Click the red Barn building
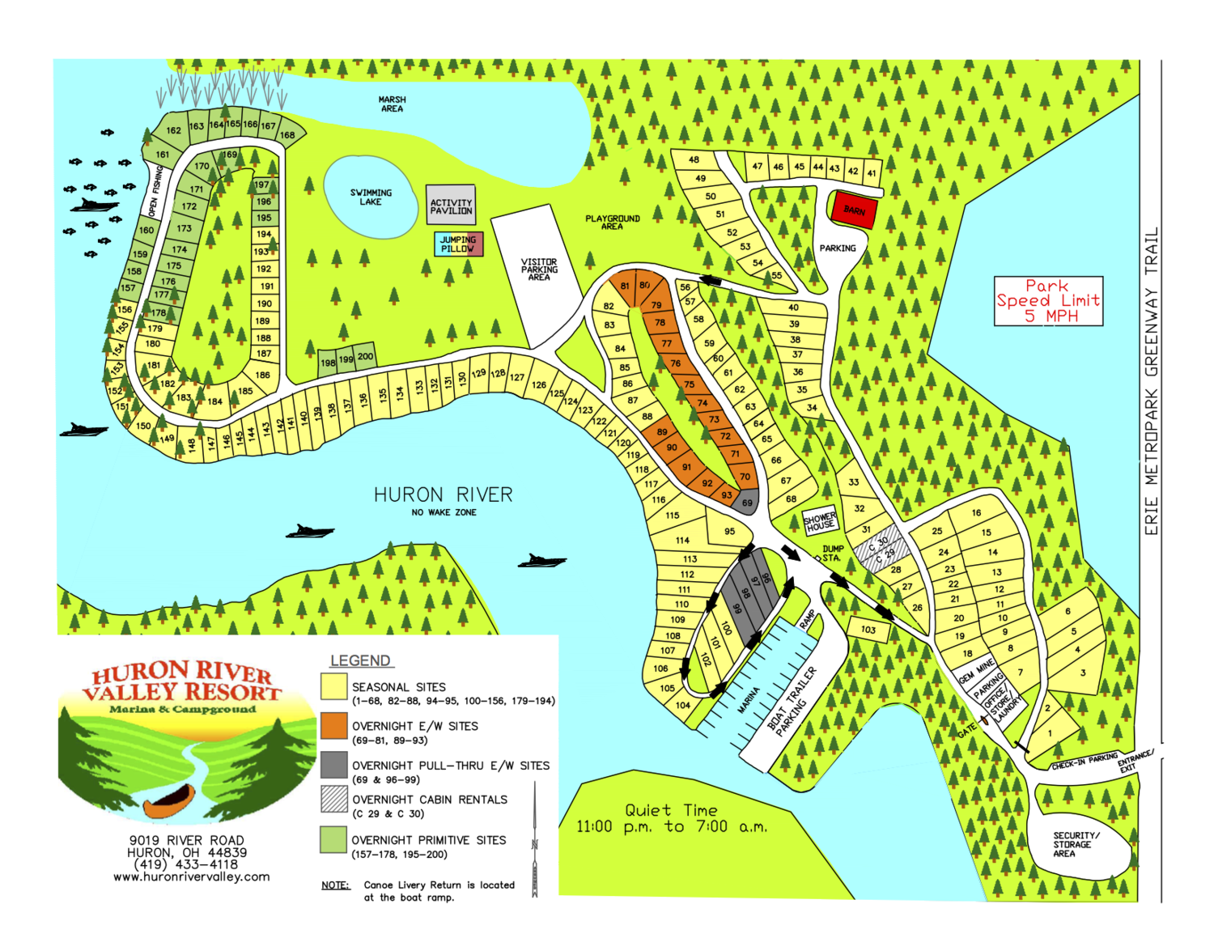tap(854, 210)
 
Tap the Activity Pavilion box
tap(451, 204)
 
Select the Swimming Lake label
tap(371, 197)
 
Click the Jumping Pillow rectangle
tap(459, 244)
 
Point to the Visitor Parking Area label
tap(539, 270)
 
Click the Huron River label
tap(443, 495)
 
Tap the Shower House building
tap(820, 521)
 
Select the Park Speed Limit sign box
tap(1048, 301)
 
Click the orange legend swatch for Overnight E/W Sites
tap(333, 726)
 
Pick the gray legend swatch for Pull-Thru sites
tap(333, 765)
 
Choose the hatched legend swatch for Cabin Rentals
tap(333, 799)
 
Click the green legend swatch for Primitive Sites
tap(333, 839)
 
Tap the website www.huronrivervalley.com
tap(191, 877)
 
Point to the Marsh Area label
tap(392, 104)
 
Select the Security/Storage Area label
tap(1076, 844)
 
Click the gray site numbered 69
tap(746, 503)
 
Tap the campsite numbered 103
tap(868, 630)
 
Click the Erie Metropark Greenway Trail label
tap(1151, 381)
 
